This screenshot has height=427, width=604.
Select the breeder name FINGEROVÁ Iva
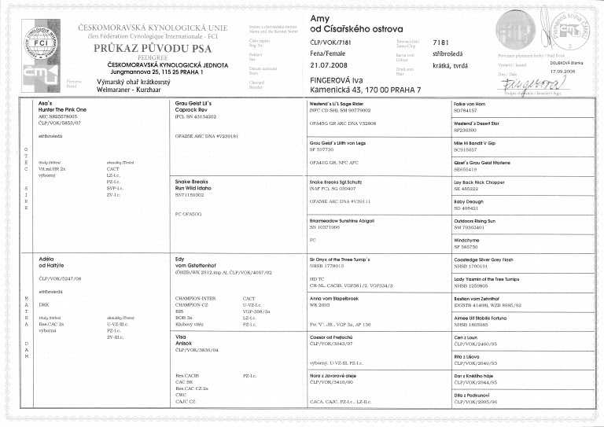click(339, 79)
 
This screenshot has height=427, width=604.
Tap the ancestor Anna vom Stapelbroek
click(335, 296)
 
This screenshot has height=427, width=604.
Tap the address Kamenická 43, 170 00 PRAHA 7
click(366, 90)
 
